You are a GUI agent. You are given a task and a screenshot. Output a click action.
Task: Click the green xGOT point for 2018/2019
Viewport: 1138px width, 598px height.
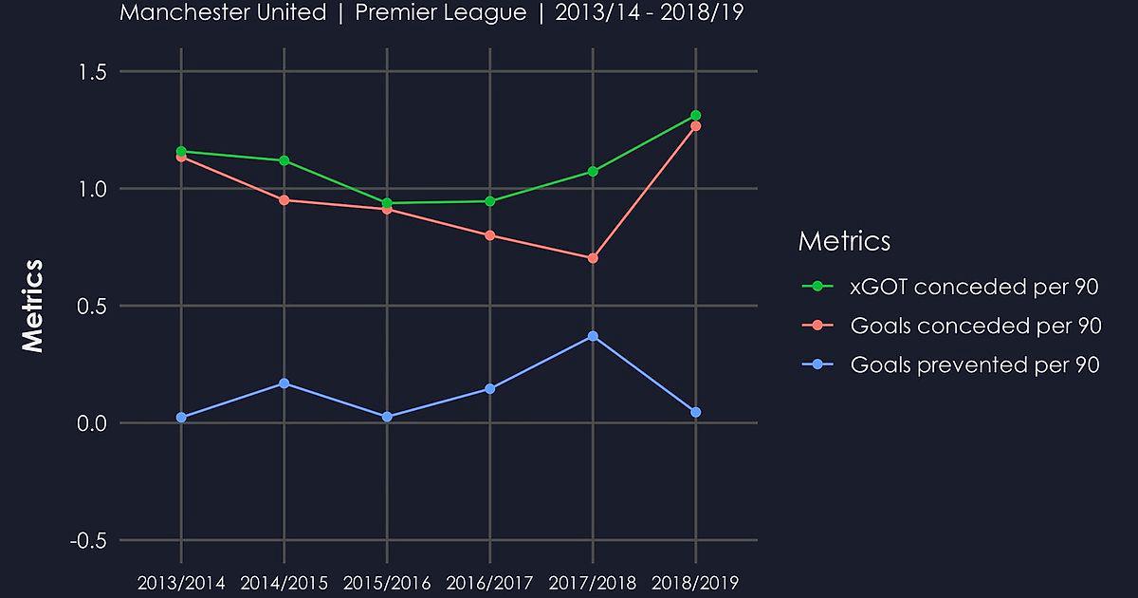tap(696, 116)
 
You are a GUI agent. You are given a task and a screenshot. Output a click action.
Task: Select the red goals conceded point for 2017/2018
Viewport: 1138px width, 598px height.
tap(593, 258)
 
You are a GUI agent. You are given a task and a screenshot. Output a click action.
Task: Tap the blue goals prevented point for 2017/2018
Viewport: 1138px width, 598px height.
tap(593, 336)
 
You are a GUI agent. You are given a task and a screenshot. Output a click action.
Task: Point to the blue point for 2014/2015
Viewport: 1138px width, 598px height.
tap(284, 383)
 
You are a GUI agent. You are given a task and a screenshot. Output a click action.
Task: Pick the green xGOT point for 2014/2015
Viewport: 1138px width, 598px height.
tap(284, 160)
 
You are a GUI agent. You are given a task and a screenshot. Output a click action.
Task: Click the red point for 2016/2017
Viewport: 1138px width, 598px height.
tap(490, 235)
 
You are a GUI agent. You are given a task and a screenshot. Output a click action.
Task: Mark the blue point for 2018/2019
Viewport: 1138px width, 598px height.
tap(696, 412)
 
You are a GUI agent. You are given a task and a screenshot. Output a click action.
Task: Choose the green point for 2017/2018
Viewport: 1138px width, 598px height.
tap(593, 172)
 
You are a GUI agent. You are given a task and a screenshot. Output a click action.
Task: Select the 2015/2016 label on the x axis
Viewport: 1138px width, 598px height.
tap(387, 582)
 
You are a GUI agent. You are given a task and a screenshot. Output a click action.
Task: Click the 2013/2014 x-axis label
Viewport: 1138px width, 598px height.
tap(181, 582)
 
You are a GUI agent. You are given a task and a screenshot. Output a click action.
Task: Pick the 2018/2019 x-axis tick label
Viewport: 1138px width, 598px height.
tap(696, 582)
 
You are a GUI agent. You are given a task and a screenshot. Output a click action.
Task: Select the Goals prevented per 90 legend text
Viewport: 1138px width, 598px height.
tap(975, 364)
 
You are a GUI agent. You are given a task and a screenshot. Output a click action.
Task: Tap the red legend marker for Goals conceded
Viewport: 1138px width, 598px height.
tap(817, 326)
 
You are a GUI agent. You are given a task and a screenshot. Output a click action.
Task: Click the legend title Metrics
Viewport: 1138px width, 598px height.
tap(844, 241)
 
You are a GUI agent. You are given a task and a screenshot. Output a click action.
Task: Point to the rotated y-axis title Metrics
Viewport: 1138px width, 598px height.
tap(33, 306)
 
